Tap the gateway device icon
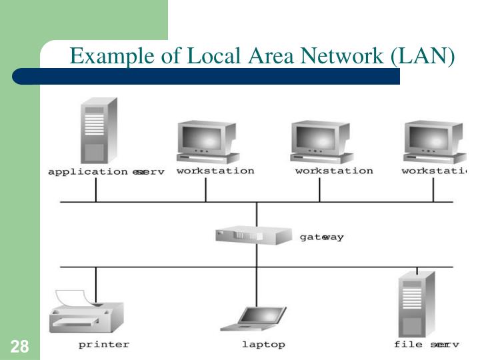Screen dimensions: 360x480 pyautogui.click(x=254, y=235)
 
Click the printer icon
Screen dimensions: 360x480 pyautogui.click(x=86, y=313)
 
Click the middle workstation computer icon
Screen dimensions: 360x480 pyautogui.click(x=321, y=142)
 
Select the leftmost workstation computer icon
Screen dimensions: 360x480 pyautogui.click(x=207, y=142)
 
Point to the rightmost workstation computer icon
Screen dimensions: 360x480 pyautogui.click(x=434, y=142)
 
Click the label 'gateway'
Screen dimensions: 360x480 pyautogui.click(x=322, y=237)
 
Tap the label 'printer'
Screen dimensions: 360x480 pyautogui.click(x=103, y=345)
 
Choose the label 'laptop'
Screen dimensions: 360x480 pyautogui.click(x=263, y=345)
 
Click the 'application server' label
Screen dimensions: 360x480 pyautogui.click(x=106, y=171)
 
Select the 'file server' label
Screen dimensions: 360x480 pyautogui.click(x=426, y=345)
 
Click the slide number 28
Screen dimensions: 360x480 pyautogui.click(x=19, y=347)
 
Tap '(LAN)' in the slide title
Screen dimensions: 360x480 pyautogui.click(x=423, y=57)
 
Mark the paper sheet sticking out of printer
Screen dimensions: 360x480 pyautogui.click(x=75, y=297)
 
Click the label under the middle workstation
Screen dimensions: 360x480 pyautogui.click(x=334, y=171)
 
